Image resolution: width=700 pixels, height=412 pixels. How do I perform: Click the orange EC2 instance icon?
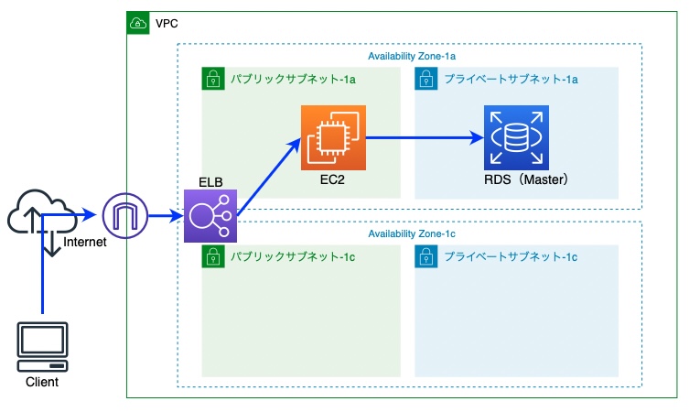tap(333, 137)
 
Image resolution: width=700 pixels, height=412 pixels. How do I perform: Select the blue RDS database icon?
tap(516, 137)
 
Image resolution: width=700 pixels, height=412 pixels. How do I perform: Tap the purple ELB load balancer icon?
tap(210, 216)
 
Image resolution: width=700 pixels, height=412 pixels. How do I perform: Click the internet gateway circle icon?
tap(125, 216)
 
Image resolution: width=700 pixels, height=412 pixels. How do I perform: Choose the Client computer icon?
tap(42, 347)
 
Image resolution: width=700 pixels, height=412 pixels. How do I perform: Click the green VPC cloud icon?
tap(138, 23)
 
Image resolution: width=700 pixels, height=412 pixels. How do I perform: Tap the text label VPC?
tap(167, 24)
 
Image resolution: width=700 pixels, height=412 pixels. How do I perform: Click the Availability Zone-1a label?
tap(412, 56)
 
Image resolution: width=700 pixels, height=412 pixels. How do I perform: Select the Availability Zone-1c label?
tap(412, 233)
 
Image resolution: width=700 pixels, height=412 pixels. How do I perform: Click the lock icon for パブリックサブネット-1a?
tap(213, 79)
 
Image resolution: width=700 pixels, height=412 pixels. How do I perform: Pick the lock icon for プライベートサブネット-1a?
tap(426, 79)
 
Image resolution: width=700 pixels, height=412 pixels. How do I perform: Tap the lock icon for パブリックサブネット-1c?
tap(213, 256)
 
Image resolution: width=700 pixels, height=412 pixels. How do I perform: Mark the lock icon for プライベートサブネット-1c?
tap(426, 256)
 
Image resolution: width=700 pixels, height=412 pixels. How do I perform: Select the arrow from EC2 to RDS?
tap(425, 137)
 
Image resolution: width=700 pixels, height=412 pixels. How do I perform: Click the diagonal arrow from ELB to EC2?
tap(269, 177)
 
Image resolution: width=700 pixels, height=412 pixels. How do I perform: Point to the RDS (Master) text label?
tap(526, 179)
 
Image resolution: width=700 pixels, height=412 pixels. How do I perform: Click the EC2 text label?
tap(332, 179)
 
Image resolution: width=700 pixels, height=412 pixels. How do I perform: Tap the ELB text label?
tap(210, 182)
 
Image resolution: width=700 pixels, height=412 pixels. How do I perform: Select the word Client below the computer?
tap(42, 382)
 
